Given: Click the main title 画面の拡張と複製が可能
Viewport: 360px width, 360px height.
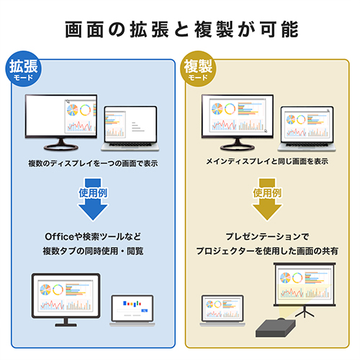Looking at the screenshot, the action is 181,30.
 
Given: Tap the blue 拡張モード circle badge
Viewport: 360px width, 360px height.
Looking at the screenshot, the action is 23,68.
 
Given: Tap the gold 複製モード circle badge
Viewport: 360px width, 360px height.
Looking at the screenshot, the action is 198,68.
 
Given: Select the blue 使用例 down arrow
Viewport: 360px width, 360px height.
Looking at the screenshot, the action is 93,199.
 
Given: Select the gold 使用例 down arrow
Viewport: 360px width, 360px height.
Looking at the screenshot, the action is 267,199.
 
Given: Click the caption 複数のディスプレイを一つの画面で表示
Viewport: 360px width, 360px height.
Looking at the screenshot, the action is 93,163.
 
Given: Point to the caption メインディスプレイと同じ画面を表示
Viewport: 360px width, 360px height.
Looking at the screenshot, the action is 267,161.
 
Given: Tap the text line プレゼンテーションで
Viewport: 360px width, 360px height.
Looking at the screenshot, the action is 267,237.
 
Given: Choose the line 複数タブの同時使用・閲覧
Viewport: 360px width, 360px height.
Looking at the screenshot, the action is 93,251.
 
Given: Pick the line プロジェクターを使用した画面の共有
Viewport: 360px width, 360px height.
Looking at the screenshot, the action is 267,251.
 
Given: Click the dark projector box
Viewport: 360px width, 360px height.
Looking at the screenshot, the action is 275,328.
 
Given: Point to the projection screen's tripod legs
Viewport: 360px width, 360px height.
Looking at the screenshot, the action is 305,312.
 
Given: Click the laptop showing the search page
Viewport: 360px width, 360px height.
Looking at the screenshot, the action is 132,310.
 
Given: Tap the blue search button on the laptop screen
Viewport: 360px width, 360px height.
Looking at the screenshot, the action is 145,310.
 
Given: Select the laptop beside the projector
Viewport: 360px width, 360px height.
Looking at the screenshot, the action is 222,310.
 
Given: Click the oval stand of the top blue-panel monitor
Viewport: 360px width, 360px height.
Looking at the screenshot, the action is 61,147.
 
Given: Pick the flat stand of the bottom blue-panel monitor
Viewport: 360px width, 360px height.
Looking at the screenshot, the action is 66,325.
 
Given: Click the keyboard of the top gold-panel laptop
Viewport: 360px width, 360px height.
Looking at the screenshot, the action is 307,145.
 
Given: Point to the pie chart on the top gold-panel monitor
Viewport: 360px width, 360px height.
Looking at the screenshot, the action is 217,109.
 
